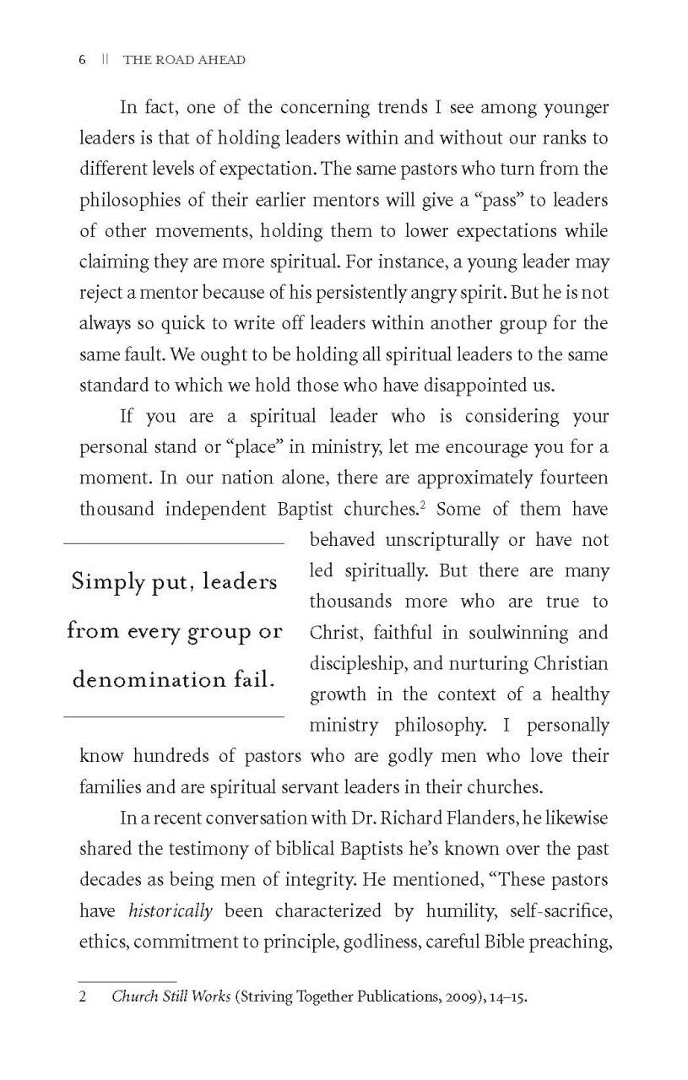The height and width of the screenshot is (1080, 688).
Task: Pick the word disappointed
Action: coord(472,386)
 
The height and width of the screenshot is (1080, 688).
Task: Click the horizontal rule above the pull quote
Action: coord(174,543)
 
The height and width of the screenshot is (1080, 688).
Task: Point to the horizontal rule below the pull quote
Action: coord(174,717)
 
